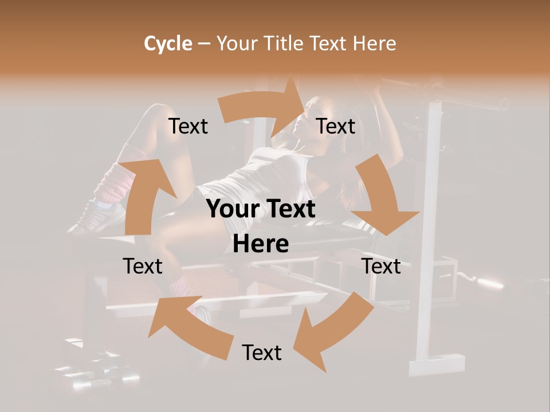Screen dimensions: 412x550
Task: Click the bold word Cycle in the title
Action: pyautogui.click(x=168, y=43)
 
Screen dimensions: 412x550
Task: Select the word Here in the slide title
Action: pyautogui.click(x=375, y=43)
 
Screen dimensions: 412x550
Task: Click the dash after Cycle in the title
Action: pyautogui.click(x=204, y=44)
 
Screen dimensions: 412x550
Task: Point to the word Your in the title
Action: pyautogui.click(x=236, y=43)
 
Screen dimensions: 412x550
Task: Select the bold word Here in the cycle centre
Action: pyautogui.click(x=261, y=244)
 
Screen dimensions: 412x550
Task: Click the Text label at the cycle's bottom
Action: pyautogui.click(x=262, y=352)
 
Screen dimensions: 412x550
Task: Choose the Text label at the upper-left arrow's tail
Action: pyautogui.click(x=188, y=126)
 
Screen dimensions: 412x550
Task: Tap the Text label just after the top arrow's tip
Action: pyautogui.click(x=336, y=126)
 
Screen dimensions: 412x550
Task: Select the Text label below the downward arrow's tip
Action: pyautogui.click(x=382, y=266)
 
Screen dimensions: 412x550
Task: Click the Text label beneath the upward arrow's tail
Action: pyautogui.click(x=143, y=266)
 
